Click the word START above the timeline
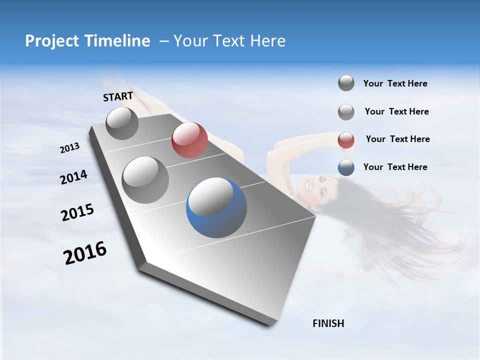118,96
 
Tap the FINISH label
328,323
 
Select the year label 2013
70,148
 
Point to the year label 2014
73,177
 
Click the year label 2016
85,253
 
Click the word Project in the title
52,41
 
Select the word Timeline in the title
118,41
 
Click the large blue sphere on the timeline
216,207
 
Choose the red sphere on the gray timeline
189,140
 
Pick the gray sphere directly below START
122,123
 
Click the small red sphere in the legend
346,140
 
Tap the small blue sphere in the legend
346,168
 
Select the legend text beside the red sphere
397,139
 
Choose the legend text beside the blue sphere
395,167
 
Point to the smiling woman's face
313,186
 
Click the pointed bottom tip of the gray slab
270,325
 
